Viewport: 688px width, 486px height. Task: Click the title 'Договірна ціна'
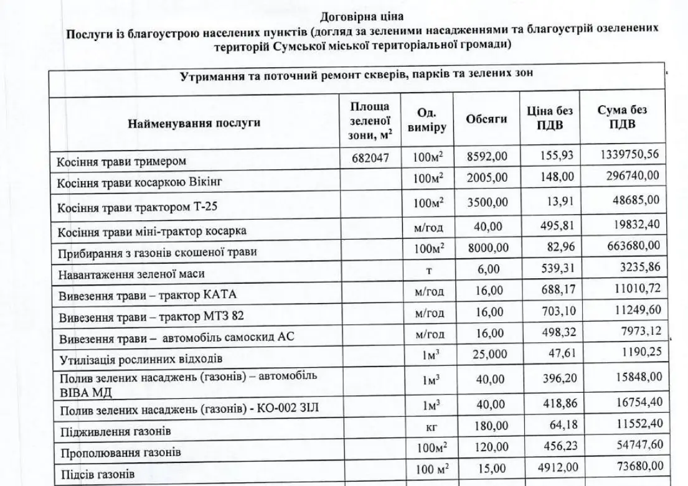point(357,16)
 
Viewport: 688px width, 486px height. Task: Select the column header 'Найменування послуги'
point(194,123)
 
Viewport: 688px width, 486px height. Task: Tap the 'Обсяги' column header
point(486,119)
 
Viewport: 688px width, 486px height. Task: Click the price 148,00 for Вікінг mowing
point(557,177)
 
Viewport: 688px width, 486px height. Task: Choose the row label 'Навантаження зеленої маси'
point(131,274)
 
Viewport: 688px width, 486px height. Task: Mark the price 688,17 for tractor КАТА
point(557,291)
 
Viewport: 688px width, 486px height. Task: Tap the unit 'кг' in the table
point(429,428)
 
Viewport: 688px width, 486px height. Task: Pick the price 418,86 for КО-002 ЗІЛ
point(557,406)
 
